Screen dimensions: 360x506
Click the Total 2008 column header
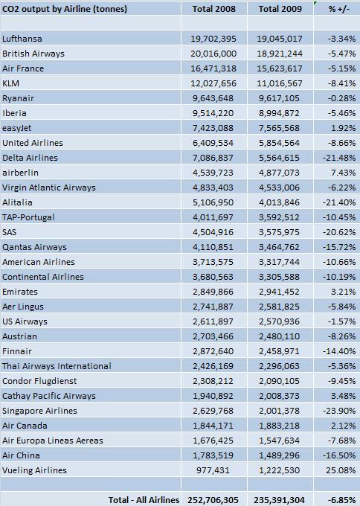click(214, 9)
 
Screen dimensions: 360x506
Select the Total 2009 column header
click(280, 9)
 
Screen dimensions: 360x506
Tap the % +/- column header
click(339, 9)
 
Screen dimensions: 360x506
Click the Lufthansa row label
click(22, 39)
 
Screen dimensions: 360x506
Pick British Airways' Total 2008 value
click(213, 54)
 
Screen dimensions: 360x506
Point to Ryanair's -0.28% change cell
click(341, 98)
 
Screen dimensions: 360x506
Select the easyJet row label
click(17, 128)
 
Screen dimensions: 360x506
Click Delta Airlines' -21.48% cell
click(339, 158)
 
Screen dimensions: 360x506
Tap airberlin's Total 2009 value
click(279, 173)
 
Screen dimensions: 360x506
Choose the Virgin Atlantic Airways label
click(49, 188)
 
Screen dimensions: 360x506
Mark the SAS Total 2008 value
click(213, 232)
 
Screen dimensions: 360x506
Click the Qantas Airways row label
click(34, 247)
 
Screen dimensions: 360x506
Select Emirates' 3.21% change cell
click(343, 292)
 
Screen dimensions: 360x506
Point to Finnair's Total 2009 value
click(279, 351)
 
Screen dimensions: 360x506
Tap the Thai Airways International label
click(57, 366)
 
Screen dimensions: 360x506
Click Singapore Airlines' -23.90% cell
click(339, 411)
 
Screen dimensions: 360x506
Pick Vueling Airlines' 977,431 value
click(213, 470)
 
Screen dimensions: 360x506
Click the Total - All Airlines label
click(144, 500)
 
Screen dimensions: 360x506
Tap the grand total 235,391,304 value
click(279, 500)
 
